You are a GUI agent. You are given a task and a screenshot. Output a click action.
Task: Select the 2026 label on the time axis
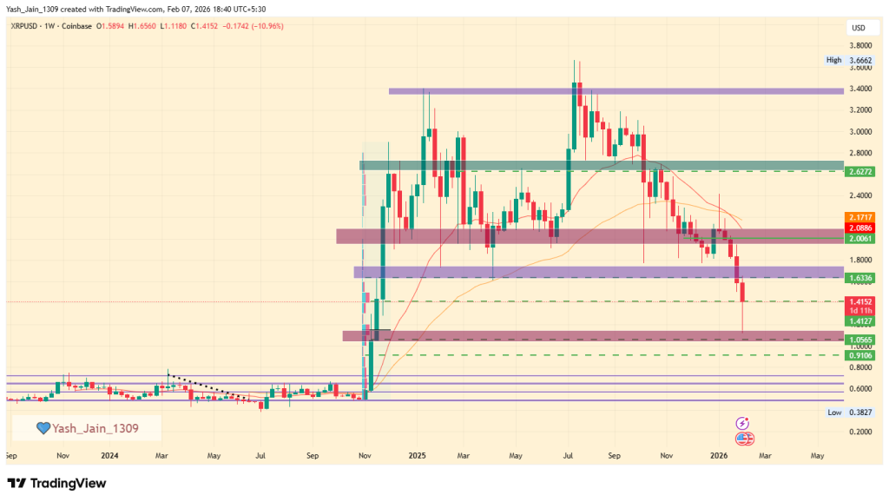718,454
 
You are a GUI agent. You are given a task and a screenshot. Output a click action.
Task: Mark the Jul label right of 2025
570,454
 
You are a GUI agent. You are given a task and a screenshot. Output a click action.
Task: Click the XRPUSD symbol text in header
28,26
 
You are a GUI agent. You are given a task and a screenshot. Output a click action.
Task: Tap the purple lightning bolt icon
742,423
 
